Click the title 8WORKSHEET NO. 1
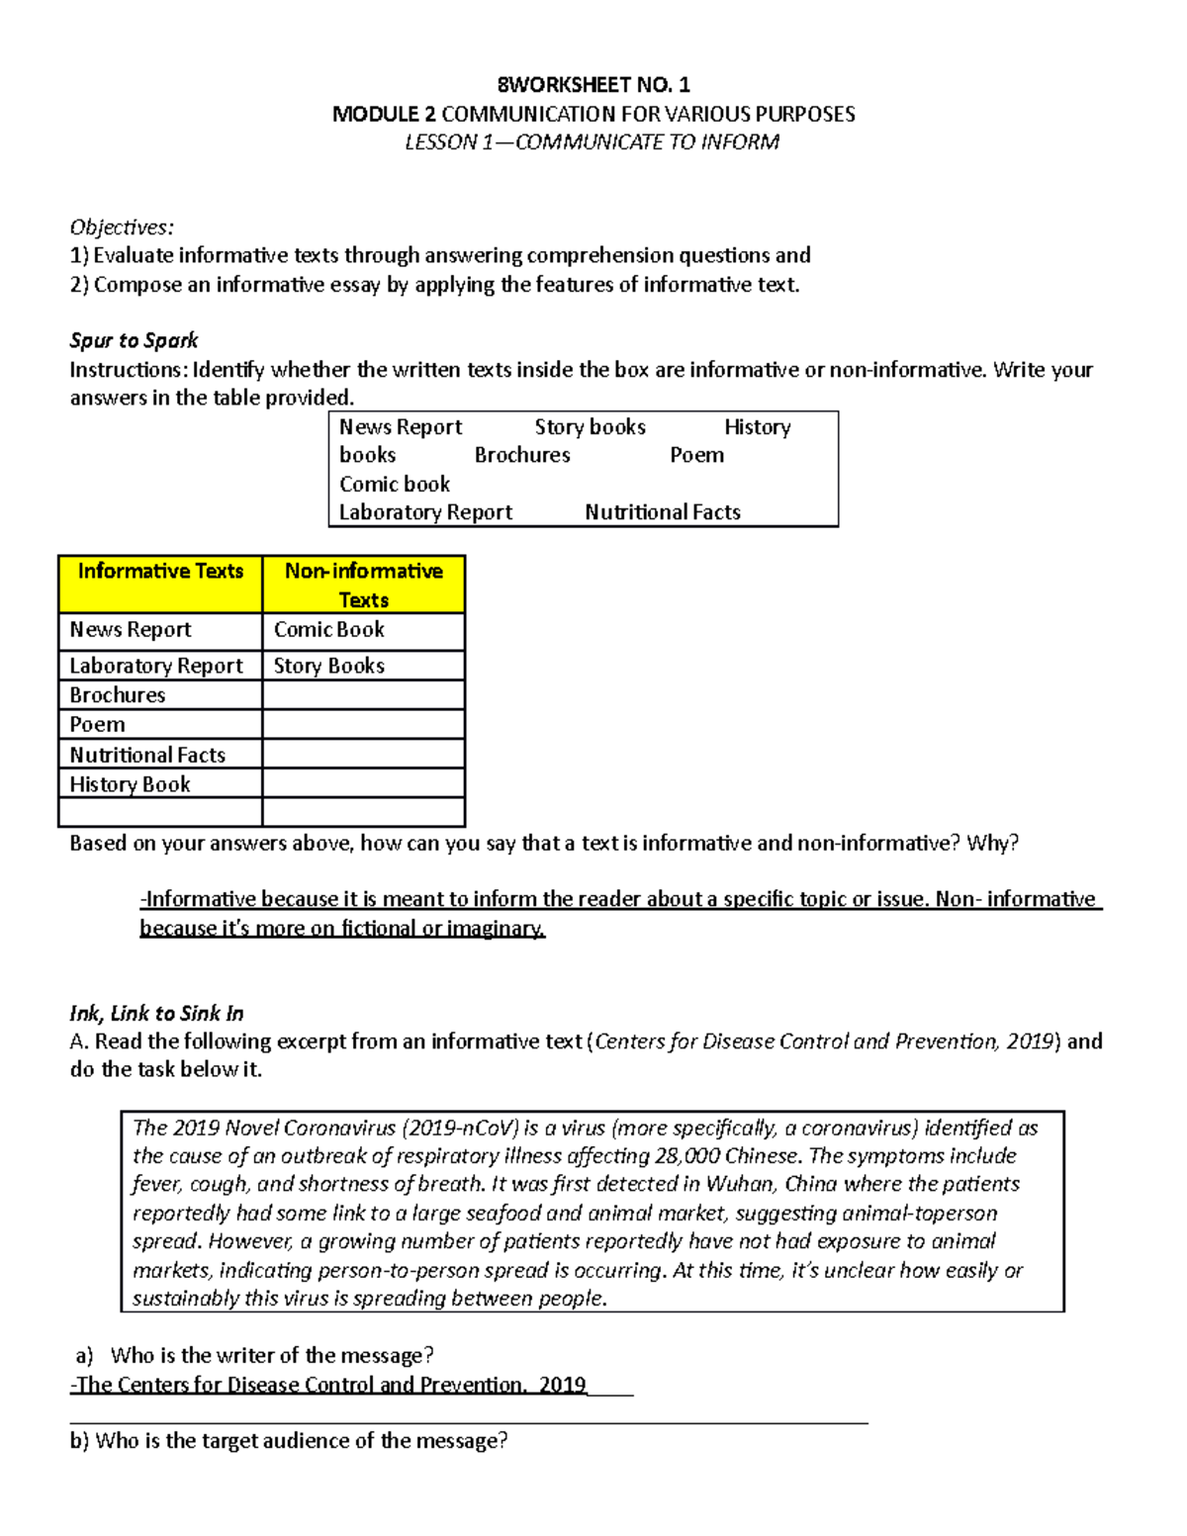point(593,84)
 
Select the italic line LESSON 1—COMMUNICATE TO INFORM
point(592,142)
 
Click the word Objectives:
point(122,226)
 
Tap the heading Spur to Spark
point(134,340)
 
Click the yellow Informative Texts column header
point(160,572)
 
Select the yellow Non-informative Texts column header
point(363,585)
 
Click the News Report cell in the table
point(131,630)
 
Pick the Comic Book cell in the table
point(329,630)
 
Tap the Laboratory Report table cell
point(155,666)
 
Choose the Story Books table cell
point(329,666)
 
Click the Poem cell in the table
point(97,724)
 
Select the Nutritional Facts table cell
point(147,755)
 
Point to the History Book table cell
point(130,784)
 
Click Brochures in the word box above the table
point(522,455)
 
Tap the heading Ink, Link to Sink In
point(156,1013)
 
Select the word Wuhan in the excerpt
point(740,1184)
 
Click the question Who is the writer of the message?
point(272,1355)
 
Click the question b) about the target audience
point(289,1441)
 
